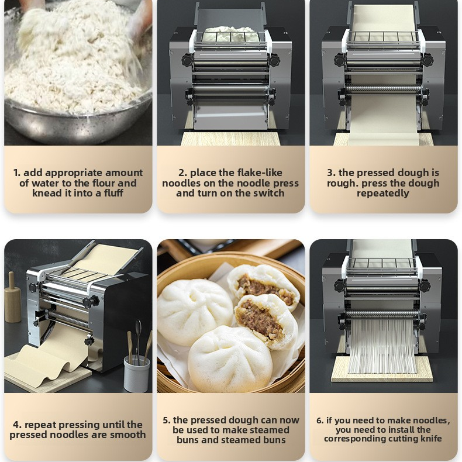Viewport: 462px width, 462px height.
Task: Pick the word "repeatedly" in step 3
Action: tap(383, 194)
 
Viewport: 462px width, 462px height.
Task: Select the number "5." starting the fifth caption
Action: tap(167, 420)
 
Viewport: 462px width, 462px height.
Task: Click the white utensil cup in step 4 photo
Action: tap(136, 372)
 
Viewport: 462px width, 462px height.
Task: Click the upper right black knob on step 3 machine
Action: tap(427, 59)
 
